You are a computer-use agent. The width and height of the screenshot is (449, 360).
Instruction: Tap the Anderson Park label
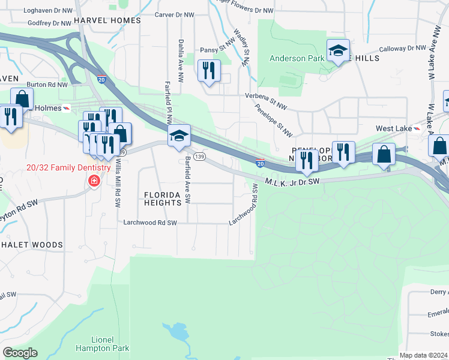[295, 58]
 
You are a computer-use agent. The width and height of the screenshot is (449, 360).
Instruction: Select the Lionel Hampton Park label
[94, 343]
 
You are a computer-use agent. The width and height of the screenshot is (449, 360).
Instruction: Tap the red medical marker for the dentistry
[93, 181]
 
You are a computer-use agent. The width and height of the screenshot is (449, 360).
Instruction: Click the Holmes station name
[49, 108]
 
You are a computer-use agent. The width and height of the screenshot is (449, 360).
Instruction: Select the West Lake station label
[394, 128]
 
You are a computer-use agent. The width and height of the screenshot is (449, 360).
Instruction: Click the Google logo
[20, 353]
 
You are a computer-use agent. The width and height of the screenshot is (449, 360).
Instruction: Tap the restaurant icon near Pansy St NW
[209, 71]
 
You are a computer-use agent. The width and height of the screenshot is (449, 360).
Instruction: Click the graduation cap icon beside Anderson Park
[338, 50]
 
